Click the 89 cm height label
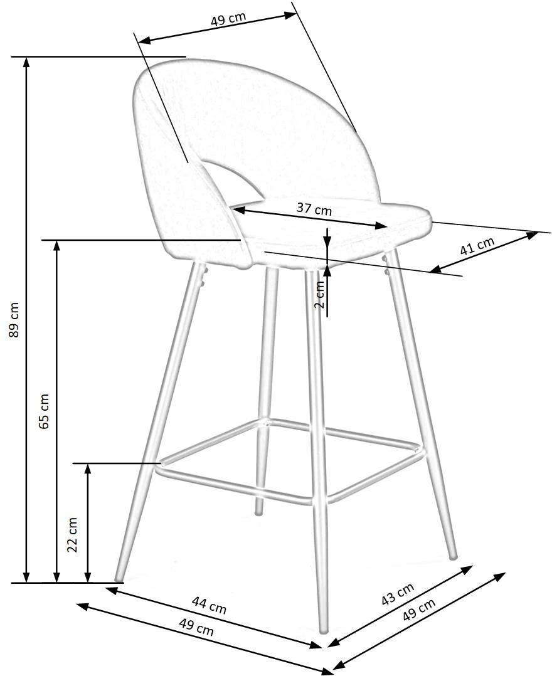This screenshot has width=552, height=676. pos(14,319)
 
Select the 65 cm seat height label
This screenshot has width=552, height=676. pos(45,411)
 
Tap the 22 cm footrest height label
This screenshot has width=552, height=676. pos(73,534)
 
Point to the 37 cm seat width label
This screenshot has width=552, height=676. pos(314,209)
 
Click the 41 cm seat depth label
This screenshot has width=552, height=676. pos(477,245)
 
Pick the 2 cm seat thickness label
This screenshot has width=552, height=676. pos(319,294)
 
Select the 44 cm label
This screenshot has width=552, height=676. pos(209,605)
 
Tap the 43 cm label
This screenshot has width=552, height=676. pos(398,594)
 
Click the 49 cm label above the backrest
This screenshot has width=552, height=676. pos(228,19)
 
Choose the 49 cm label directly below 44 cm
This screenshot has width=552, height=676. pos(196,626)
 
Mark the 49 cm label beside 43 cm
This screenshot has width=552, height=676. pos(418,610)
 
